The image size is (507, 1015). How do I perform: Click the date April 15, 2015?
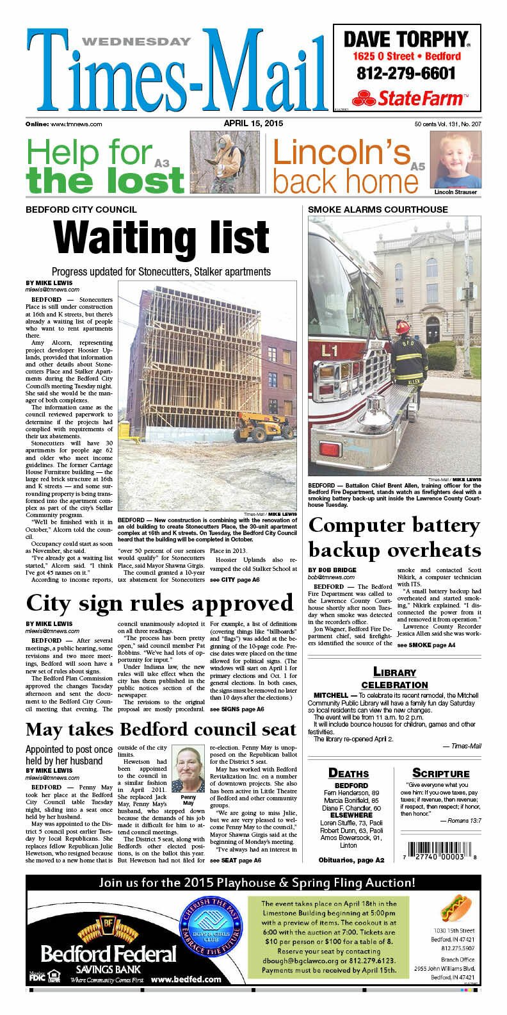coord(253,123)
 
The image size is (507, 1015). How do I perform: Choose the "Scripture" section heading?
coord(440,773)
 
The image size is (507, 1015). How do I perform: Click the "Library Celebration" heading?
coord(394,677)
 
